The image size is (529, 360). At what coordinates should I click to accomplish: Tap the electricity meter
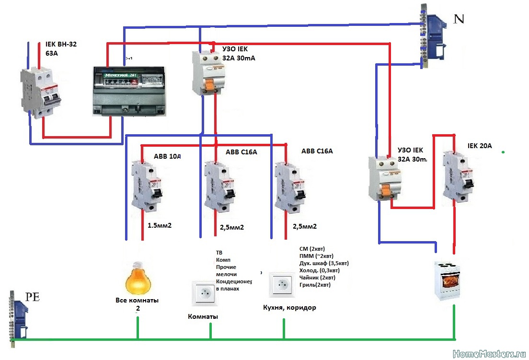coord(128,91)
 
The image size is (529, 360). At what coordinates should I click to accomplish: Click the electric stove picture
coord(448,280)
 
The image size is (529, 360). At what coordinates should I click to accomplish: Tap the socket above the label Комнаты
coord(205,293)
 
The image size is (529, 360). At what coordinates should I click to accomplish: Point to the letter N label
coord(459,19)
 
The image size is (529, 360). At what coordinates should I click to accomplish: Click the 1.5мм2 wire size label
coord(160,225)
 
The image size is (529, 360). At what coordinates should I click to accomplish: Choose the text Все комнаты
coord(137,301)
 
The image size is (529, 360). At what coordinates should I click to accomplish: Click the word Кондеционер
coord(235,281)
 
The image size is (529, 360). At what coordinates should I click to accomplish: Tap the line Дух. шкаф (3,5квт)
coord(323,263)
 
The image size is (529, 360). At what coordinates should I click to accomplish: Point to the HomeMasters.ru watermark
coord(489,353)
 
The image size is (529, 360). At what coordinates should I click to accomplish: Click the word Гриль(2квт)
coord(314,285)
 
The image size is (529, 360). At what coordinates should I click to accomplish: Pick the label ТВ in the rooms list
coord(219,253)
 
